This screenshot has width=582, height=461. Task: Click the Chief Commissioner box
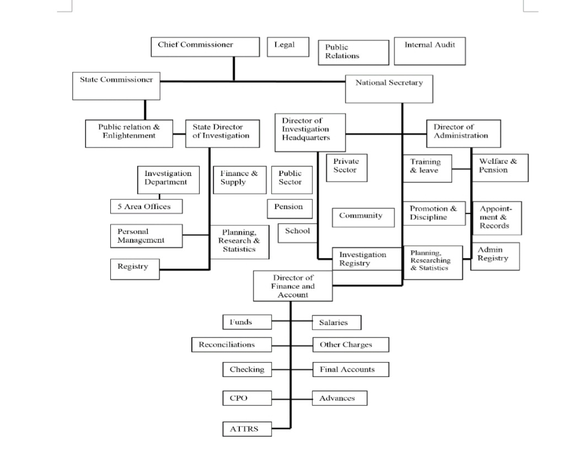coord(205,47)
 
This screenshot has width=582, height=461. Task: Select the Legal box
coord(284,46)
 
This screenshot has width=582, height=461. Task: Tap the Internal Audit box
coord(429,51)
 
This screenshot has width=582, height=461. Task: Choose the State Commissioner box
coord(116,86)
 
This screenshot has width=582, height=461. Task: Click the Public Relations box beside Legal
coord(353,52)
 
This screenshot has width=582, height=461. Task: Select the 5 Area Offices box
coord(146,207)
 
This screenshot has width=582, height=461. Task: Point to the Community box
coord(363,217)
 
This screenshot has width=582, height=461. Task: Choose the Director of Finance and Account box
coord(293,286)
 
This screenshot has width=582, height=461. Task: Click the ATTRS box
coord(247,428)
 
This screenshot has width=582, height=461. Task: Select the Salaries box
coord(337,322)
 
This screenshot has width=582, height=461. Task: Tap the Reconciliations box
coord(231,345)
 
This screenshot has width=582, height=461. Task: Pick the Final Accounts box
coord(351,369)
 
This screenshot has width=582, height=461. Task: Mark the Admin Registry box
coord(494,256)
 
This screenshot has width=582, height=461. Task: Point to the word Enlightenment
coord(129,136)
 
